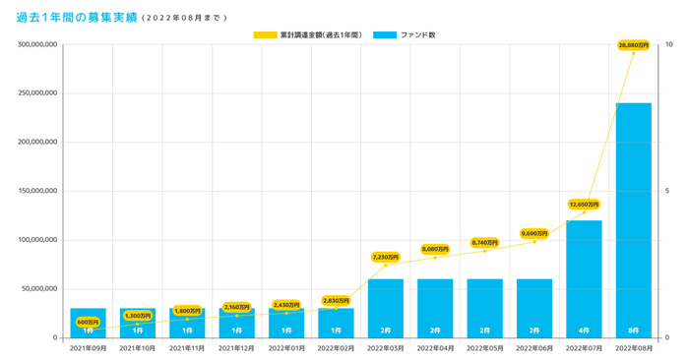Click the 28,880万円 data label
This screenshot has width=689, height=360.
pyautogui.click(x=633, y=45)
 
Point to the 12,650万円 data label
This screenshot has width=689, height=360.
pyautogui.click(x=584, y=205)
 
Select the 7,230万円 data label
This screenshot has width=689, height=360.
pyautogui.click(x=385, y=257)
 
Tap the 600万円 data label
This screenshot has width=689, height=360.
pyautogui.click(x=88, y=322)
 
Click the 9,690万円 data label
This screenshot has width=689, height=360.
pyautogui.click(x=534, y=233)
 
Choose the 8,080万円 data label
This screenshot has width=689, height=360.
pyautogui.click(x=434, y=249)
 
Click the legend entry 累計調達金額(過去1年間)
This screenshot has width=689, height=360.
pyautogui.click(x=307, y=35)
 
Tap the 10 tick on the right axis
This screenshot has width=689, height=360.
pyautogui.click(x=670, y=45)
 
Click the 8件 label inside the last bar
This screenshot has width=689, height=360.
pyautogui.click(x=633, y=330)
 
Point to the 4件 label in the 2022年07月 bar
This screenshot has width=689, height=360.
pyautogui.click(x=584, y=330)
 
